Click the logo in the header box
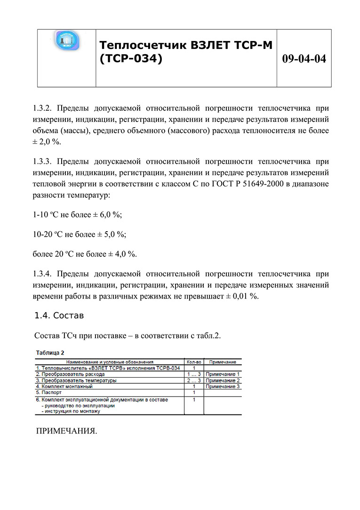coord(66,42)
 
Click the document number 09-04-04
coord(304,59)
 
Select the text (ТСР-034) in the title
coord(131,59)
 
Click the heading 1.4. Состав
coord(59,315)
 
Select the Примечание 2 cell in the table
coord(223,380)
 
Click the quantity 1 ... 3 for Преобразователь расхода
coord(194,374)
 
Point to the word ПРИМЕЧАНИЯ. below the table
coord(66,431)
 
